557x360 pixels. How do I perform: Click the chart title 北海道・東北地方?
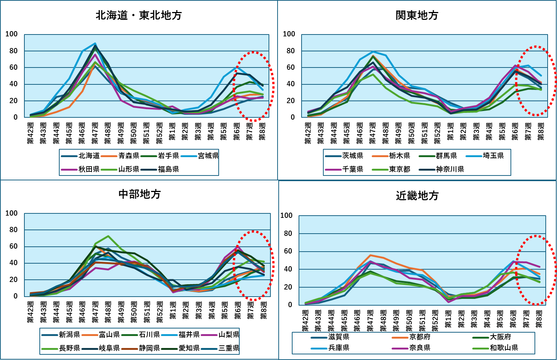139,15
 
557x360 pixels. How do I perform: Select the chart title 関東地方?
417,15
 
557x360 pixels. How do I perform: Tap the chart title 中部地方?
140,194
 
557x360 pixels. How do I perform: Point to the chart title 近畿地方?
417,195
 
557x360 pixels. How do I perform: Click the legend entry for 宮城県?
208,156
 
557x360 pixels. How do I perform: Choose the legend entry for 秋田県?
89,169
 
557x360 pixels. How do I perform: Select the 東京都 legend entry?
399,169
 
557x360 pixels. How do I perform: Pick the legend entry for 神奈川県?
450,169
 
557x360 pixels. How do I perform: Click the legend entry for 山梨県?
229,334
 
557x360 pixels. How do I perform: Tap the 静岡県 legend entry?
149,348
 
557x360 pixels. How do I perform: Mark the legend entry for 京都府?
420,337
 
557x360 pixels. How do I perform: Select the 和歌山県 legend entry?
504,348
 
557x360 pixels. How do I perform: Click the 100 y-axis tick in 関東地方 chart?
289,34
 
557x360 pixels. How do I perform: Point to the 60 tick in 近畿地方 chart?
288,251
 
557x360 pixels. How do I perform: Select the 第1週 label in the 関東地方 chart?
450,133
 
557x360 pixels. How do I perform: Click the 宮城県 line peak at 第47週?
95,43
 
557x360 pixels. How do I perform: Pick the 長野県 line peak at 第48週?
108,236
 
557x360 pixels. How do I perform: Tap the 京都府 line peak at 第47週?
370,255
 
